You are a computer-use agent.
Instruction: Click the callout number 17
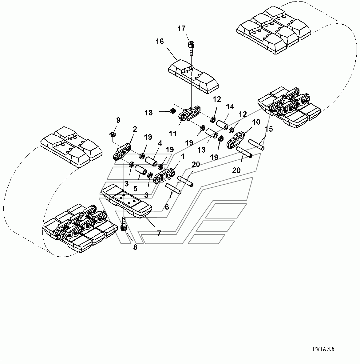click(x=181, y=29)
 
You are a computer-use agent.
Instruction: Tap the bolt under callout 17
click(x=191, y=47)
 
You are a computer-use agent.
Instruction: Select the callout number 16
click(x=160, y=42)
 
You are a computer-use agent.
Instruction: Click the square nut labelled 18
click(x=173, y=110)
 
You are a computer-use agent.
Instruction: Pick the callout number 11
click(x=172, y=134)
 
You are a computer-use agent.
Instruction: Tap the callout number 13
click(x=201, y=150)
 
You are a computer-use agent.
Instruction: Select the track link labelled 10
click(x=236, y=140)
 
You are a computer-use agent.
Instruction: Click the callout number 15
click(x=269, y=129)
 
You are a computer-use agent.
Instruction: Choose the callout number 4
click(x=160, y=143)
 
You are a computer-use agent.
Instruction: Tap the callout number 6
click(x=167, y=207)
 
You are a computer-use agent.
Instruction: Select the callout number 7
click(x=159, y=234)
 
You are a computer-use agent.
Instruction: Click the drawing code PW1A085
click(x=323, y=349)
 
